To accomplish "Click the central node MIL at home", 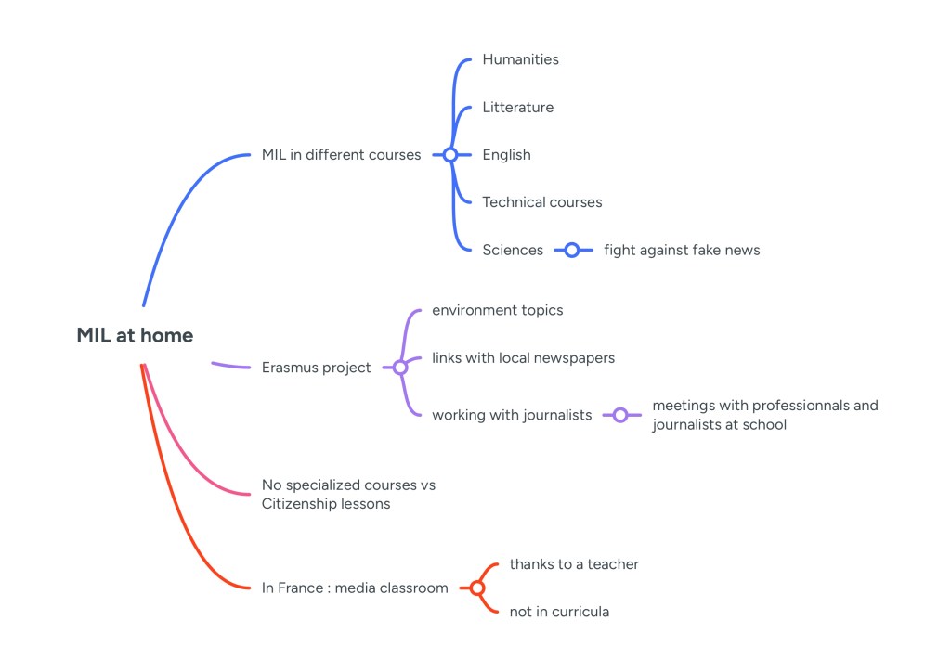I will click(x=135, y=336).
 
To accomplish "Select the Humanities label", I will click(x=520, y=59).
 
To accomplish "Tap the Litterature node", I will click(x=517, y=108).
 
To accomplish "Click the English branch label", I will click(x=506, y=155).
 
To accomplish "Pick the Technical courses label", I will click(x=541, y=202).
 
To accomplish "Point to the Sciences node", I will click(x=513, y=250).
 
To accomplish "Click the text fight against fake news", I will click(x=681, y=250).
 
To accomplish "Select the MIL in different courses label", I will click(x=341, y=155).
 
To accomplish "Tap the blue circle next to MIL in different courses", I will click(x=450, y=155).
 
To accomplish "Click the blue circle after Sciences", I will click(x=572, y=250).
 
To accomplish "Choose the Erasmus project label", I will click(x=316, y=368).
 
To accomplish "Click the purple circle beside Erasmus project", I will click(x=400, y=368).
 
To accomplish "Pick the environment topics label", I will click(x=497, y=310).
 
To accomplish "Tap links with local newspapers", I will click(x=523, y=357).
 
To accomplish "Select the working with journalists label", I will click(x=511, y=415).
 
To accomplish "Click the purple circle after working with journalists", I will click(x=620, y=415).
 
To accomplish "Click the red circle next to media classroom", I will click(x=477, y=588).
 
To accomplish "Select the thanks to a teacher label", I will click(x=573, y=564).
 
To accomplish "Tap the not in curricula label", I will click(x=559, y=612).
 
